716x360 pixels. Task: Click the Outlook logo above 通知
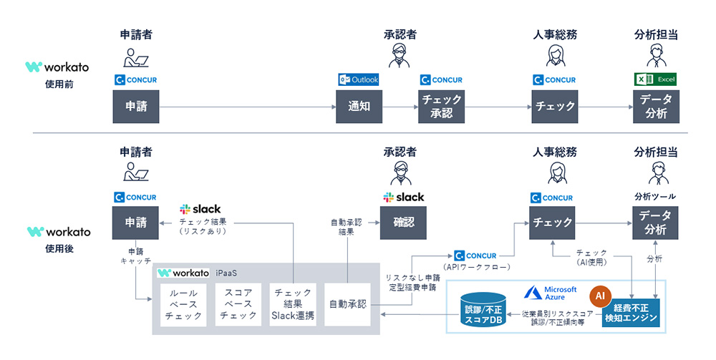click(358, 79)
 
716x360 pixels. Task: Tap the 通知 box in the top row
click(358, 106)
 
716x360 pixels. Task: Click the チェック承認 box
click(442, 106)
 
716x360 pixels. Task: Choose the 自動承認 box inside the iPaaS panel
click(347, 304)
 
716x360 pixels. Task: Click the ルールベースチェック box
click(183, 304)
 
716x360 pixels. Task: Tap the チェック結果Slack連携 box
click(293, 304)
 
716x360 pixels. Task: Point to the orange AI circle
click(601, 295)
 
